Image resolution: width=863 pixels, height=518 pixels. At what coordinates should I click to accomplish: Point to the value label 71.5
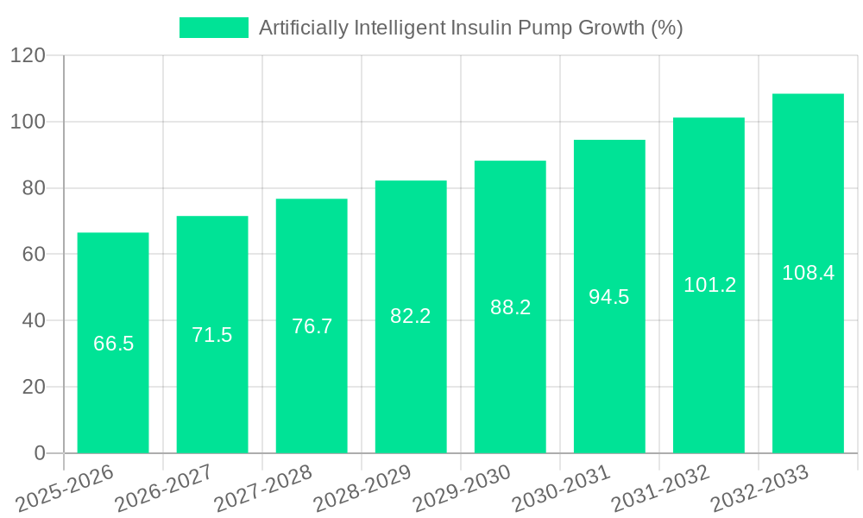[212, 335]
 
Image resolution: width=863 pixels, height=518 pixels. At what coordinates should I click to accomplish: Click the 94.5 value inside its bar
[609, 297]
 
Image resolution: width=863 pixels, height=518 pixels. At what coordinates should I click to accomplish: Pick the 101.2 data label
[709, 285]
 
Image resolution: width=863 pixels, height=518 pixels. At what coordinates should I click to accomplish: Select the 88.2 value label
[510, 307]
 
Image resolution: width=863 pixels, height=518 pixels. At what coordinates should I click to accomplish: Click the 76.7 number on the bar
[312, 326]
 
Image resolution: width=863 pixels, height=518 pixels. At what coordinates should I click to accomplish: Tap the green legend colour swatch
[214, 28]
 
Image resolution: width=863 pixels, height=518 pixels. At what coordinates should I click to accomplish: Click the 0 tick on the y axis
[39, 453]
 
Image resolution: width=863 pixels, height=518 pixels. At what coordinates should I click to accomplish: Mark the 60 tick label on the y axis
[33, 255]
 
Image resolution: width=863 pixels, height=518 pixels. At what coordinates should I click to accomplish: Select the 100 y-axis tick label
[28, 123]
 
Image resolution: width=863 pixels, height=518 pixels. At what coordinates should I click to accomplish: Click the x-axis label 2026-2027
[164, 488]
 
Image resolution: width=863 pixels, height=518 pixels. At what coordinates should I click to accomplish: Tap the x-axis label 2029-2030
[462, 488]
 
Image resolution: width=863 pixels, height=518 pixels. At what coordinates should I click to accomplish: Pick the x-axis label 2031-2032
[660, 488]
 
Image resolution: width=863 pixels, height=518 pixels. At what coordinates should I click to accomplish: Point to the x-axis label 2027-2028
[263, 488]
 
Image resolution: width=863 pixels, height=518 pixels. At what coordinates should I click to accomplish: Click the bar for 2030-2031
[609, 380]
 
